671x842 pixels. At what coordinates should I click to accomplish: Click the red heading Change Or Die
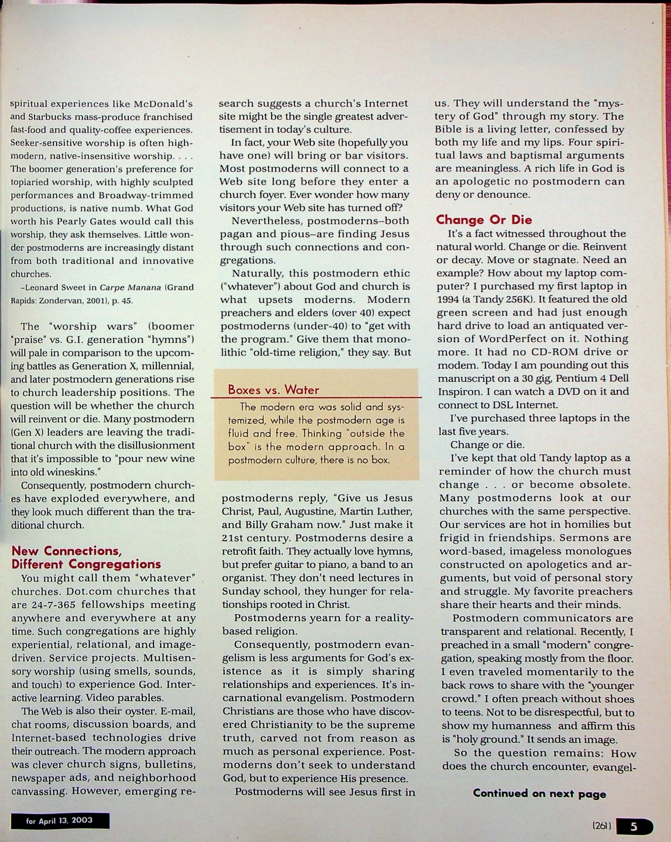click(x=484, y=220)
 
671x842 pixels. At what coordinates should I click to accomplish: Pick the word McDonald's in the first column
click(x=163, y=104)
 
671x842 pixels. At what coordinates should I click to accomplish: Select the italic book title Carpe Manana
click(x=130, y=287)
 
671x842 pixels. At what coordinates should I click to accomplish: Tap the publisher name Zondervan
click(x=56, y=301)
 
